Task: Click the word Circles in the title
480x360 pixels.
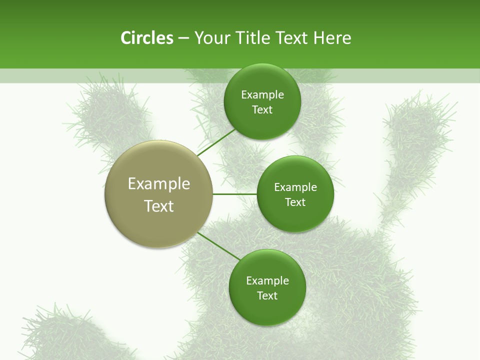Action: tap(146, 38)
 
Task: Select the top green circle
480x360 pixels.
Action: tap(262, 124)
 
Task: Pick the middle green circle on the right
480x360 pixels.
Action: tap(295, 217)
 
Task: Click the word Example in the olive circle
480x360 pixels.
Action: tap(159, 184)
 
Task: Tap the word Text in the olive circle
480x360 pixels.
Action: tap(159, 206)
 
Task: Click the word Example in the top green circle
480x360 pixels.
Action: tap(262, 95)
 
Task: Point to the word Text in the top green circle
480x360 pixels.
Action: tap(262, 110)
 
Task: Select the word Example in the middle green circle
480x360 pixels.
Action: tap(295, 187)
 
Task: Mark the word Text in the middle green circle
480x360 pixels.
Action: tap(295, 202)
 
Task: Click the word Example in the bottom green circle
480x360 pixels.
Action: tap(267, 281)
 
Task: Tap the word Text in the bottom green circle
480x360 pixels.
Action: tap(267, 296)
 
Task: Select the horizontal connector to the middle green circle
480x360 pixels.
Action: tap(234, 194)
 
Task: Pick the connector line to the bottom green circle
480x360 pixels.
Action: tap(218, 246)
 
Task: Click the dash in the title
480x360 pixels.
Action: tap(183, 38)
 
